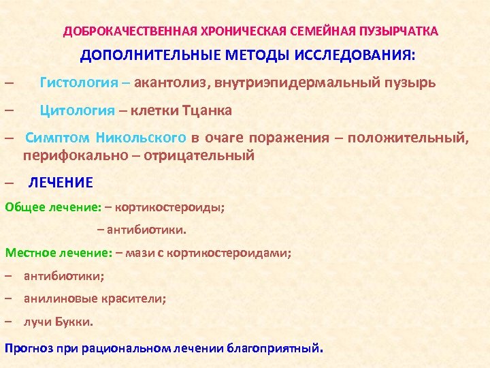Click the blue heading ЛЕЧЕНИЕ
[x=61, y=183]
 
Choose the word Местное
[x=28, y=253]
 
